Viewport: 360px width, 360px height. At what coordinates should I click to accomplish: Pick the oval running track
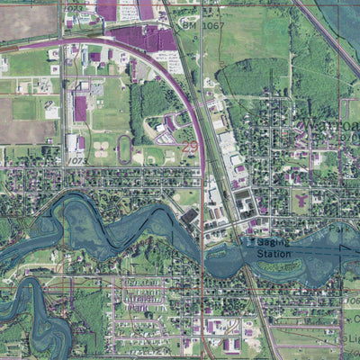[x=123, y=148]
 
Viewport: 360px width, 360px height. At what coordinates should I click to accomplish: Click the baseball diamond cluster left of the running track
[x=99, y=149]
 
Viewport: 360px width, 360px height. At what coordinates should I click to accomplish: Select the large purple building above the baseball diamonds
[x=80, y=110]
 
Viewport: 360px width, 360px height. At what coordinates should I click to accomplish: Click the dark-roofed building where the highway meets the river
[x=189, y=217]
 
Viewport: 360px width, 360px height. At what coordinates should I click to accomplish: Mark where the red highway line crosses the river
[x=204, y=248]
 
